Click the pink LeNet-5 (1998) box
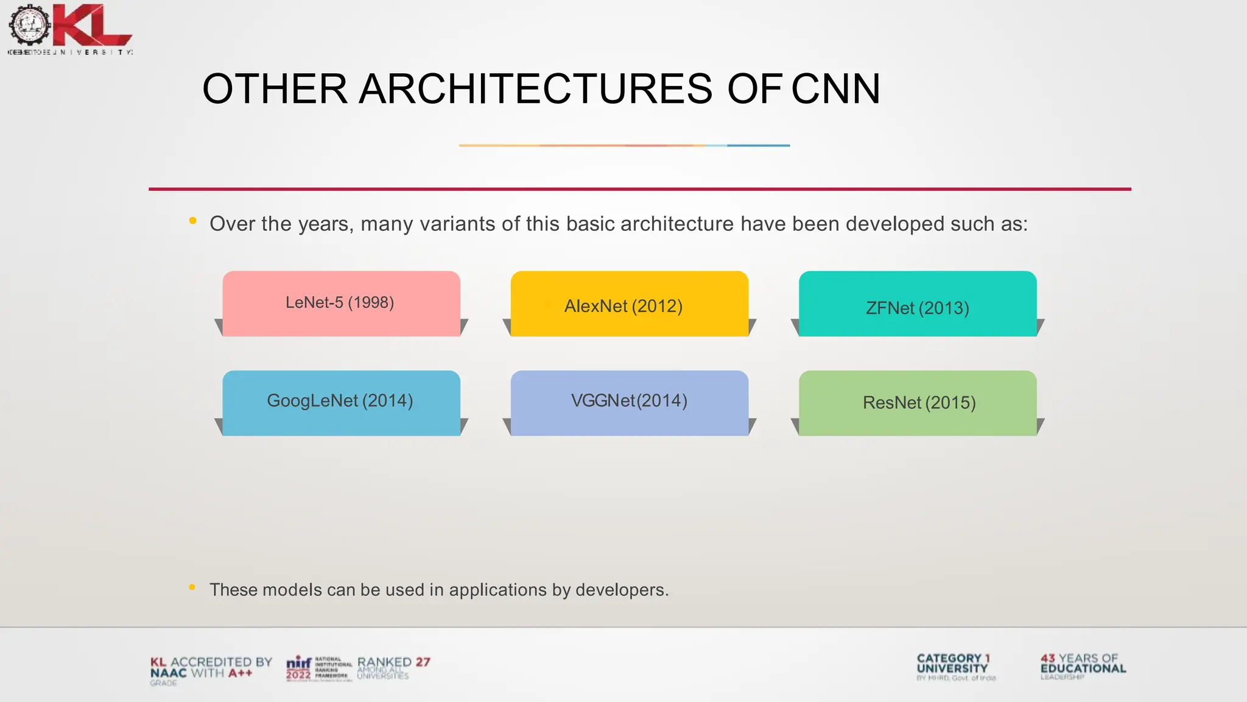tap(341, 303)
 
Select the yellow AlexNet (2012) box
tap(629, 304)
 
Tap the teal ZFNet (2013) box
tap(917, 304)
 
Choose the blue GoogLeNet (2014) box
tap(341, 402)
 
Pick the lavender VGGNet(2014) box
tap(629, 402)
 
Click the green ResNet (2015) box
tap(917, 403)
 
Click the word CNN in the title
tap(835, 89)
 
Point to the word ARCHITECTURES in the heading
tap(535, 89)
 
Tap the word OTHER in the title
tap(274, 89)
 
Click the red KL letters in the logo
tap(91, 26)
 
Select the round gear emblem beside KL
tap(29, 24)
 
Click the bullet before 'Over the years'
tap(192, 221)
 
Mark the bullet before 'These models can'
tap(192, 587)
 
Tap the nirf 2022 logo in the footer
tap(299, 668)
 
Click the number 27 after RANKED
tap(423, 662)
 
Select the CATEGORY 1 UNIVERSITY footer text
tap(953, 663)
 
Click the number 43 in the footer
tap(1047, 658)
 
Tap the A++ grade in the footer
tap(240, 673)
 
